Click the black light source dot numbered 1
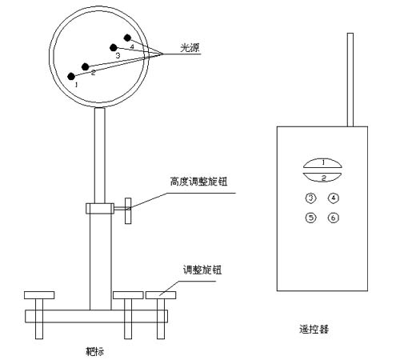pos(71,76)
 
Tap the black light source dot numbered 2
pos(86,66)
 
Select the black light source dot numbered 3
pos(114,48)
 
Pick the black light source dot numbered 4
pos(128,38)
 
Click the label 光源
pos(190,48)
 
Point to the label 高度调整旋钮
pos(199,182)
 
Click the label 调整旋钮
pos(202,270)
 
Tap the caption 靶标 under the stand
pos(94,352)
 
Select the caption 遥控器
pos(314,329)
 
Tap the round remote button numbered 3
pos(310,198)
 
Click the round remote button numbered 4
pos(333,198)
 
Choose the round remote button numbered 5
pos(310,218)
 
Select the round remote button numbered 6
pos(333,218)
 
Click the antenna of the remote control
pos(350,79)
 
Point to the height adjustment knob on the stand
pos(128,210)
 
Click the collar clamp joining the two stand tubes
pos(100,209)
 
